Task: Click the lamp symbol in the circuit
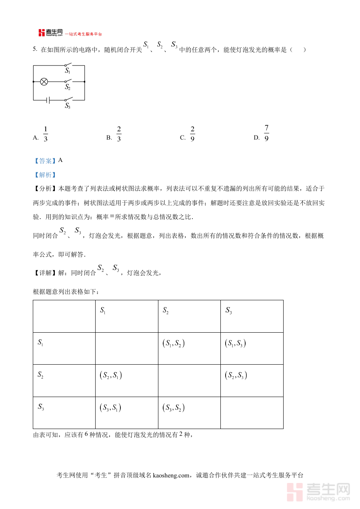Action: (44, 82)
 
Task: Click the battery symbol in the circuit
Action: (48, 100)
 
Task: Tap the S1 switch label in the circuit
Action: (68, 71)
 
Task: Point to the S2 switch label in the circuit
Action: (68, 87)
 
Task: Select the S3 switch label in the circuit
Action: (68, 106)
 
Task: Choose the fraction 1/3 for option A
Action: (46, 134)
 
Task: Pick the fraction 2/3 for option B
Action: (119, 134)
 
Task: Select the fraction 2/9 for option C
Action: (192, 134)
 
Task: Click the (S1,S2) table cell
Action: (174, 343)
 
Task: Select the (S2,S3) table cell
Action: (236, 375)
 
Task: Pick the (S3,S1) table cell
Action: (111, 408)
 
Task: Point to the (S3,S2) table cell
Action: (174, 408)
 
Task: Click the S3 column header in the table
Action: (229, 311)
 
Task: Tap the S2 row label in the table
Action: (41, 375)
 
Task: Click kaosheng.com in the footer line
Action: (171, 475)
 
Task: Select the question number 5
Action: (35, 49)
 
